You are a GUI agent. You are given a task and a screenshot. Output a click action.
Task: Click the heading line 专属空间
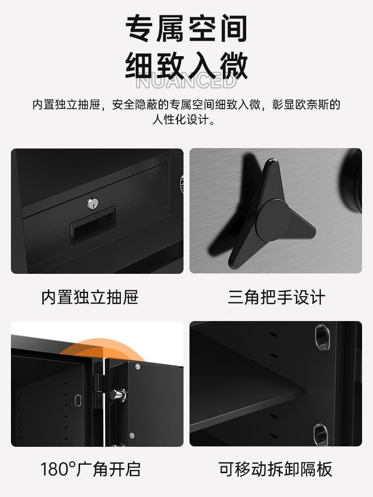click(x=186, y=28)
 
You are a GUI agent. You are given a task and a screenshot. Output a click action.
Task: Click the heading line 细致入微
click(x=186, y=66)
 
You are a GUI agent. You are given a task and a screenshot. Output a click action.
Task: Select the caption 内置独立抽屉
click(x=90, y=297)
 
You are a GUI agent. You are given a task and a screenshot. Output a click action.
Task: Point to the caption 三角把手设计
click(x=276, y=297)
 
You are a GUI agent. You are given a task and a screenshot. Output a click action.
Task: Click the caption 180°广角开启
click(x=91, y=469)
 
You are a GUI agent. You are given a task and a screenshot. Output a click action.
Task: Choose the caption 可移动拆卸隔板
click(x=276, y=469)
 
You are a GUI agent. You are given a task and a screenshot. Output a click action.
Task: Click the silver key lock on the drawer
click(x=93, y=203)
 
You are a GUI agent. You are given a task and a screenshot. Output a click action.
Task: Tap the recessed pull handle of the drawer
click(x=93, y=224)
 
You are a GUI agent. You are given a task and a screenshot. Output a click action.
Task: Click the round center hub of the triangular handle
click(x=274, y=220)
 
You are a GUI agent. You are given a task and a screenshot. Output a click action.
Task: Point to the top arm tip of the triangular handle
click(x=273, y=162)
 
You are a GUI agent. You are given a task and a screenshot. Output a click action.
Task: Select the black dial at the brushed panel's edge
click(x=353, y=181)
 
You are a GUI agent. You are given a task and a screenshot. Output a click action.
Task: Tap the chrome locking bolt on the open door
click(x=118, y=395)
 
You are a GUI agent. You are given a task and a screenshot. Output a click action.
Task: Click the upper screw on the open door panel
click(x=138, y=367)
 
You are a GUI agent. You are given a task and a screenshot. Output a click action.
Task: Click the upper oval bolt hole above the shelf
click(x=322, y=337)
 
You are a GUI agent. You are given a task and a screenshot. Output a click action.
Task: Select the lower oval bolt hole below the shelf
click(x=321, y=434)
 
